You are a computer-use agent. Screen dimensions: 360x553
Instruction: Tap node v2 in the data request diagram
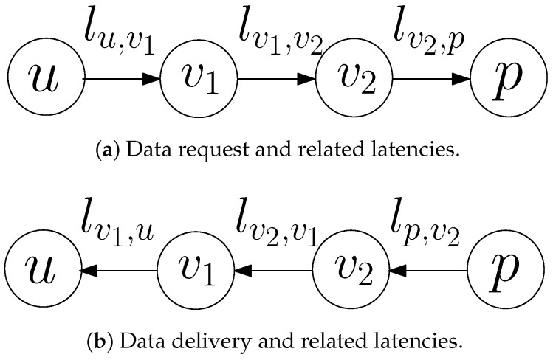click(x=352, y=78)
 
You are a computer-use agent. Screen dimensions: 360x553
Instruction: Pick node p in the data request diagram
click(x=507, y=78)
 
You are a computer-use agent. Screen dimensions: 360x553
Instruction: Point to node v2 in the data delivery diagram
click(x=352, y=272)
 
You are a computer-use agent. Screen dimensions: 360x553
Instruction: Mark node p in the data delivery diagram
click(x=508, y=272)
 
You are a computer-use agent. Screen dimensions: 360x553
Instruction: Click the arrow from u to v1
click(x=122, y=78)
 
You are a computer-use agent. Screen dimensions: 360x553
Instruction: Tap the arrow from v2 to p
click(x=430, y=78)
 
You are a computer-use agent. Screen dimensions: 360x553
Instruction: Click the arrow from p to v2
click(x=430, y=272)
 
